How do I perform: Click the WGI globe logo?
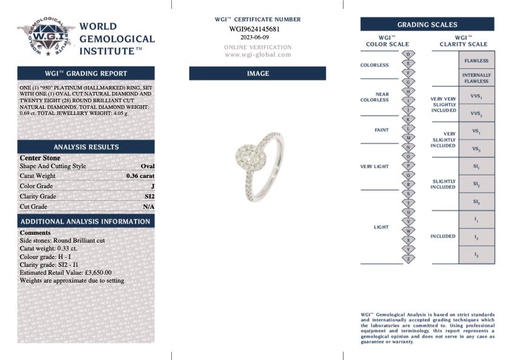click(x=45, y=39)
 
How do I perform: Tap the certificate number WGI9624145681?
click(x=255, y=28)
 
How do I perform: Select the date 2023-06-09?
click(x=255, y=37)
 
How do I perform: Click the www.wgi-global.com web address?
click(x=258, y=54)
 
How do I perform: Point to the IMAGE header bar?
click(x=257, y=73)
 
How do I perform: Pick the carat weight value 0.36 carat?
click(x=140, y=176)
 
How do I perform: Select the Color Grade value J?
click(x=153, y=186)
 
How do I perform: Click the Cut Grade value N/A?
click(x=148, y=207)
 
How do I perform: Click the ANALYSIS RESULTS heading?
click(x=86, y=147)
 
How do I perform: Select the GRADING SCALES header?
click(x=427, y=25)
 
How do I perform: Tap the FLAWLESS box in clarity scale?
click(x=476, y=61)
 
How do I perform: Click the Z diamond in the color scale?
click(x=409, y=258)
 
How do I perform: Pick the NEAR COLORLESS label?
click(x=375, y=97)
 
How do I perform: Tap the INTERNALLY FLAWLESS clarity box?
click(x=476, y=78)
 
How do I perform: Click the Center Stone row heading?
click(x=40, y=158)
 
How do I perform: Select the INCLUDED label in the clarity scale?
click(x=443, y=236)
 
